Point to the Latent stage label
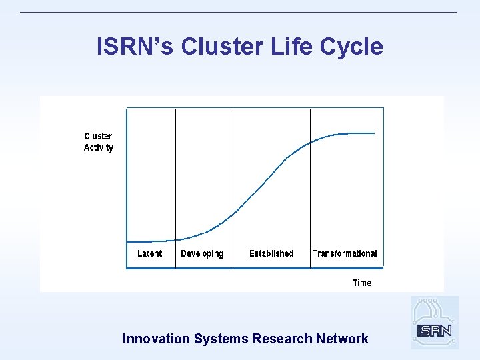[149, 253]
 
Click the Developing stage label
[201, 253]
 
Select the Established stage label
[271, 253]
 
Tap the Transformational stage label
[345, 253]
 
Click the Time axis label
[362, 283]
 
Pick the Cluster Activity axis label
[99, 142]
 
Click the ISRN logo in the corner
[434, 323]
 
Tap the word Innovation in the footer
[156, 339]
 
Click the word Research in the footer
[282, 339]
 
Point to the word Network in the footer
[342, 339]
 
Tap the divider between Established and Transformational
[310, 200]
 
